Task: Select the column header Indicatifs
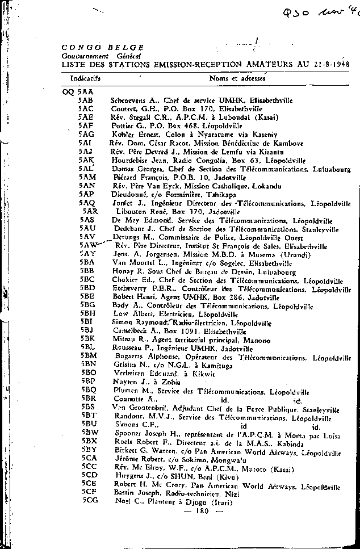coord(86,77)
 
